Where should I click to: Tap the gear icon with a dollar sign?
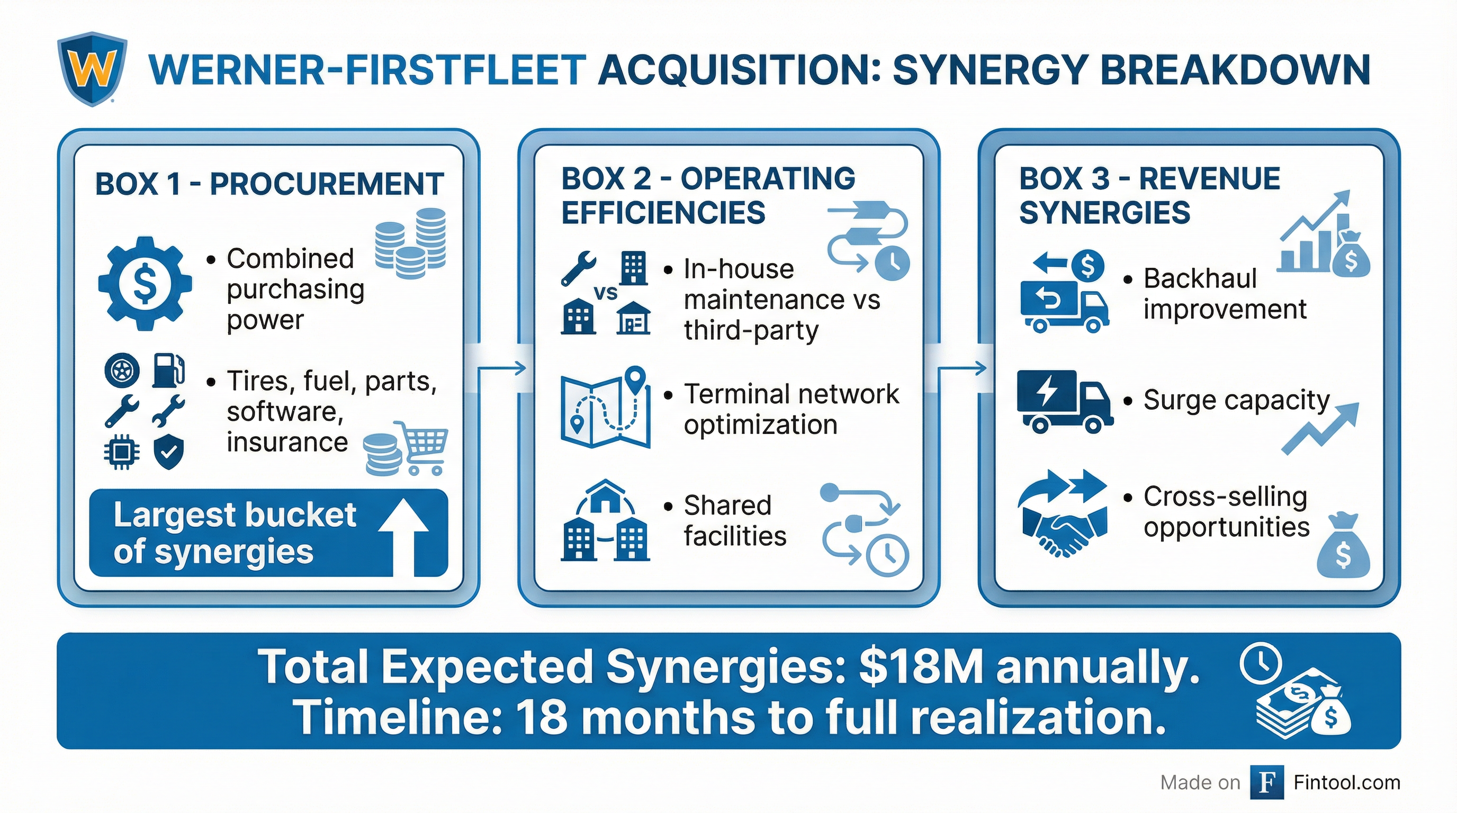point(144,283)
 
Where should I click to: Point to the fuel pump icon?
point(168,371)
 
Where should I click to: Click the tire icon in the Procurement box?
point(122,371)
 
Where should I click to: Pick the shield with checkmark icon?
point(168,453)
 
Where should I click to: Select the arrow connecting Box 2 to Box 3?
point(961,368)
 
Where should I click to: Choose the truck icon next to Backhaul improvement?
point(1063,305)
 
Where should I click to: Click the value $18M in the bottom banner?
point(921,667)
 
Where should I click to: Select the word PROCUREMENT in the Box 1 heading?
point(326,184)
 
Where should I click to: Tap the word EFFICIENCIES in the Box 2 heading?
point(663,213)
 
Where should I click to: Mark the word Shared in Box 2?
point(727,505)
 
